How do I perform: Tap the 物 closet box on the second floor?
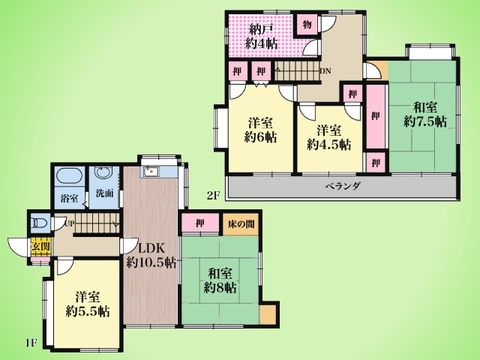pos(306,23)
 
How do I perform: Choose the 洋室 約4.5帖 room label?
pos(329,138)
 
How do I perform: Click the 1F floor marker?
pos(32,344)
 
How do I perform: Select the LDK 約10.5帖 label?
pos(151,255)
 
